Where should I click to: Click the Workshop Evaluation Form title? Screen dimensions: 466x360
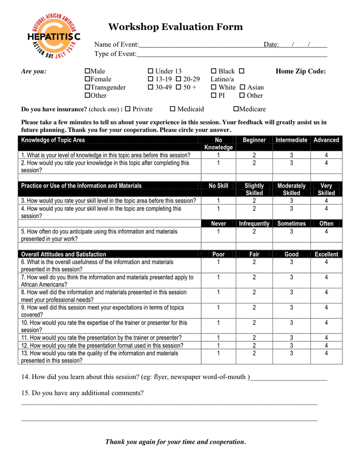[x=175, y=27]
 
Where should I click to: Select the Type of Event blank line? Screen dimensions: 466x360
[x=232, y=54]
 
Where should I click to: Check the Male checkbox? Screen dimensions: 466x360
[x=87, y=71]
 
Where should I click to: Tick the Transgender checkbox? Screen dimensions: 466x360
[x=87, y=88]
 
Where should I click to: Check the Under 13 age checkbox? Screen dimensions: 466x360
[x=151, y=71]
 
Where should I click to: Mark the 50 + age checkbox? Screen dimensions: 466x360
[x=178, y=88]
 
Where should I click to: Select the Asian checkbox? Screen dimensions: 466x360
[x=242, y=88]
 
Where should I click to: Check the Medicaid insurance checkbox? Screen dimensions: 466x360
[x=173, y=109]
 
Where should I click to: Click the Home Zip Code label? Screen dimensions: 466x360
[x=301, y=71]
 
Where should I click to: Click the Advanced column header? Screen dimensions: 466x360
[x=326, y=140]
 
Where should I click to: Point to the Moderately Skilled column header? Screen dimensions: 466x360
[x=291, y=189]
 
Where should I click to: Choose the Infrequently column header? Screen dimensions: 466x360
[x=254, y=224]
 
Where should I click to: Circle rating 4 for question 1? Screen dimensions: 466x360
[x=326, y=155]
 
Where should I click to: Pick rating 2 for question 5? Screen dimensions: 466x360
[x=254, y=232]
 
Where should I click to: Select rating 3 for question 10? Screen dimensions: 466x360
[x=291, y=323]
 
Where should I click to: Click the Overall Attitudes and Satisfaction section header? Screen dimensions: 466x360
[x=64, y=254]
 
